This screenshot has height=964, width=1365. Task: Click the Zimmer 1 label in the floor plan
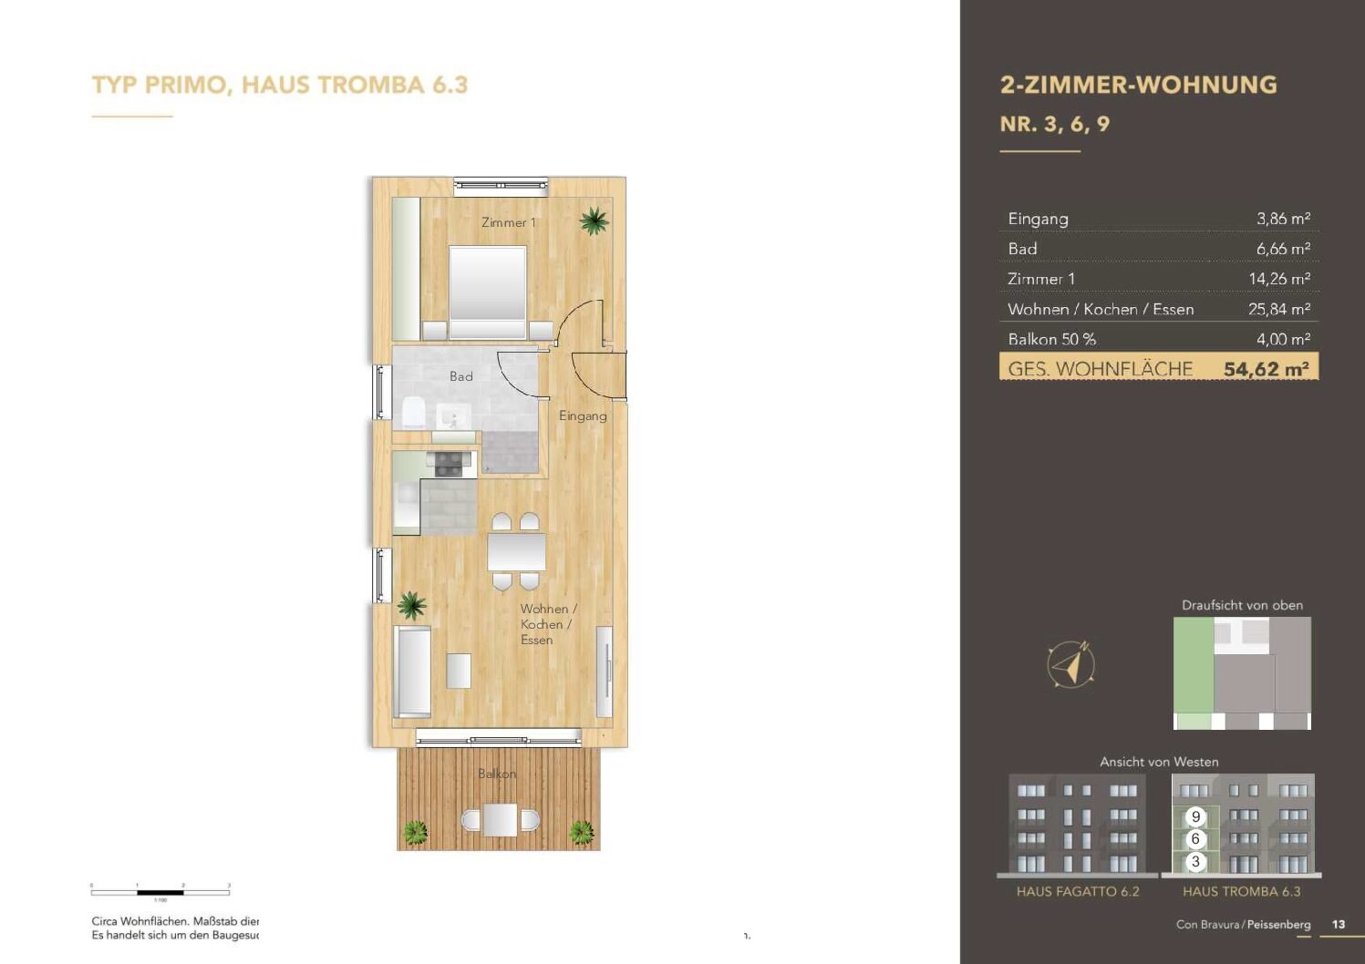[508, 222]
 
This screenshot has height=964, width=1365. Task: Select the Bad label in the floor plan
[460, 376]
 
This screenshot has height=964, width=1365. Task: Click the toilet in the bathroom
[413, 413]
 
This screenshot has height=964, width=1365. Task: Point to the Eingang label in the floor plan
[583, 415]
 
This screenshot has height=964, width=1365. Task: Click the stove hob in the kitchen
[448, 465]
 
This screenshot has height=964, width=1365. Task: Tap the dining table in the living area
[516, 552]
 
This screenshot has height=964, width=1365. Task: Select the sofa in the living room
[413, 671]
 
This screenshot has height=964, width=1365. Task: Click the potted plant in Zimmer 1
[594, 220]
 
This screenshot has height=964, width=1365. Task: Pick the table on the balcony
[500, 819]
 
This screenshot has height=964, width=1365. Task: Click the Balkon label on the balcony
[497, 774]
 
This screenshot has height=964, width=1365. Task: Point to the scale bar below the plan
[160, 892]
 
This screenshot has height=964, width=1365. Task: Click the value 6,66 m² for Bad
[1283, 249]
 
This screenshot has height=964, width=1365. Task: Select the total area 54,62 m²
[1266, 369]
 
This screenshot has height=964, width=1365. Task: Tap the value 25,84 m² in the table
[1278, 309]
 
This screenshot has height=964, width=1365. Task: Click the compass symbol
[1070, 664]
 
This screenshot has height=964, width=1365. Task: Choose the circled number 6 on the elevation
[1195, 839]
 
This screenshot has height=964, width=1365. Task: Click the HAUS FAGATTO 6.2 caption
[1078, 891]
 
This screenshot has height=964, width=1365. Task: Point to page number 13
[1338, 924]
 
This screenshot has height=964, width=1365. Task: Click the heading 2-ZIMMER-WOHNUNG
[1138, 85]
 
